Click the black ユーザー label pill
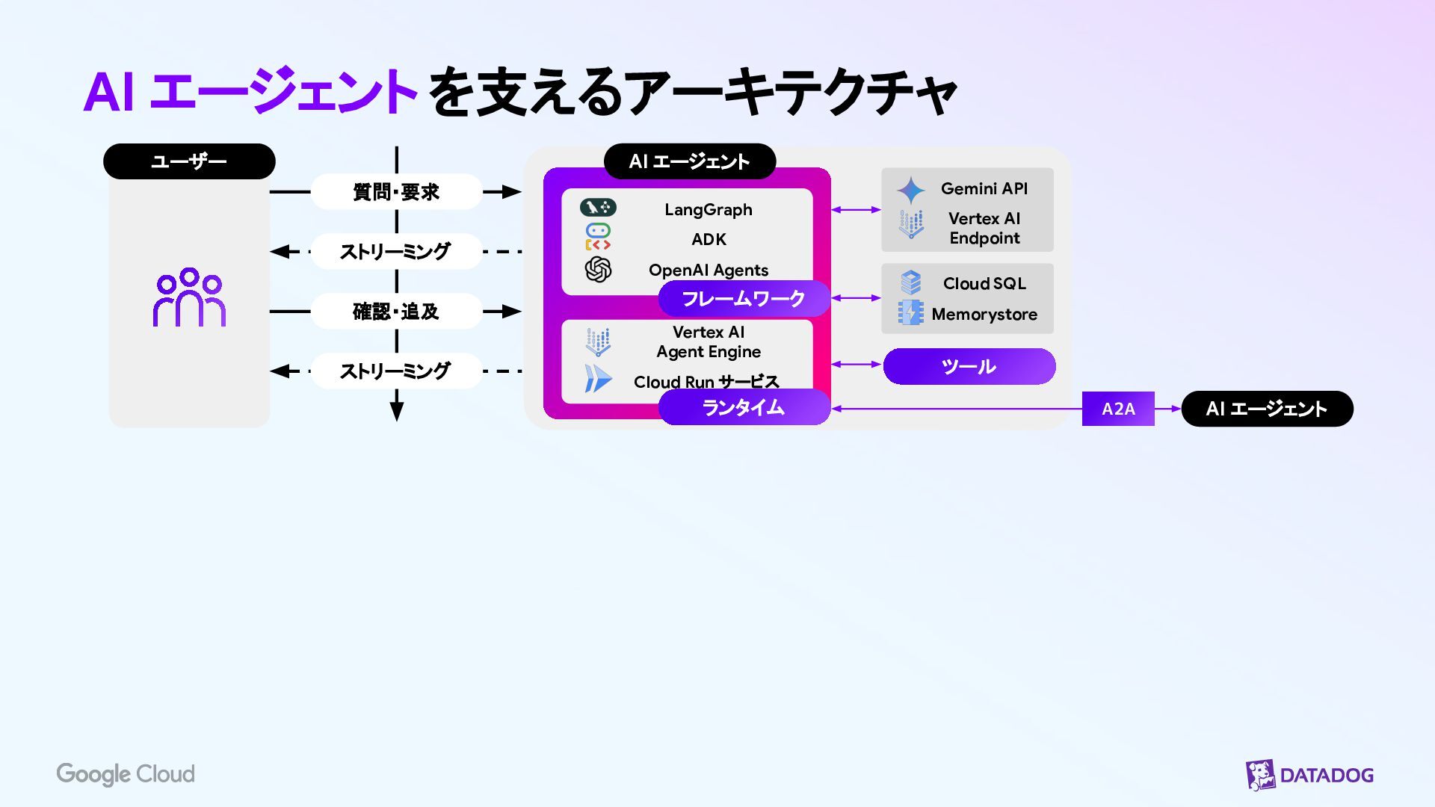pyautogui.click(x=189, y=161)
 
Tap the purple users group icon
pyautogui.click(x=189, y=297)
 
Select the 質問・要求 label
pyautogui.click(x=396, y=192)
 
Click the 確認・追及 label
pyautogui.click(x=396, y=312)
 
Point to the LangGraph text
pyautogui.click(x=709, y=210)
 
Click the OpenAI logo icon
pyautogui.click(x=598, y=270)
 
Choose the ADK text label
pyautogui.click(x=709, y=240)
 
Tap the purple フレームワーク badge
pyautogui.click(x=744, y=299)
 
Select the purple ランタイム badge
pyautogui.click(x=744, y=407)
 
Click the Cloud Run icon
pyautogui.click(x=598, y=379)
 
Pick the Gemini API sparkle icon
pyautogui.click(x=911, y=191)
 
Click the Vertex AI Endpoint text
pyautogui.click(x=984, y=229)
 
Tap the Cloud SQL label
pyautogui.click(x=984, y=284)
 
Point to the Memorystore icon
pyautogui.click(x=911, y=313)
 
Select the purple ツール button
pyautogui.click(x=969, y=367)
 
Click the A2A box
pyautogui.click(x=1118, y=409)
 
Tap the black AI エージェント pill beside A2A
pyautogui.click(x=1267, y=409)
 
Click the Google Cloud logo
pyautogui.click(x=126, y=774)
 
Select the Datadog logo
pyautogui.click(x=1309, y=775)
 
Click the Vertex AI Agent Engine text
pyautogui.click(x=709, y=342)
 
